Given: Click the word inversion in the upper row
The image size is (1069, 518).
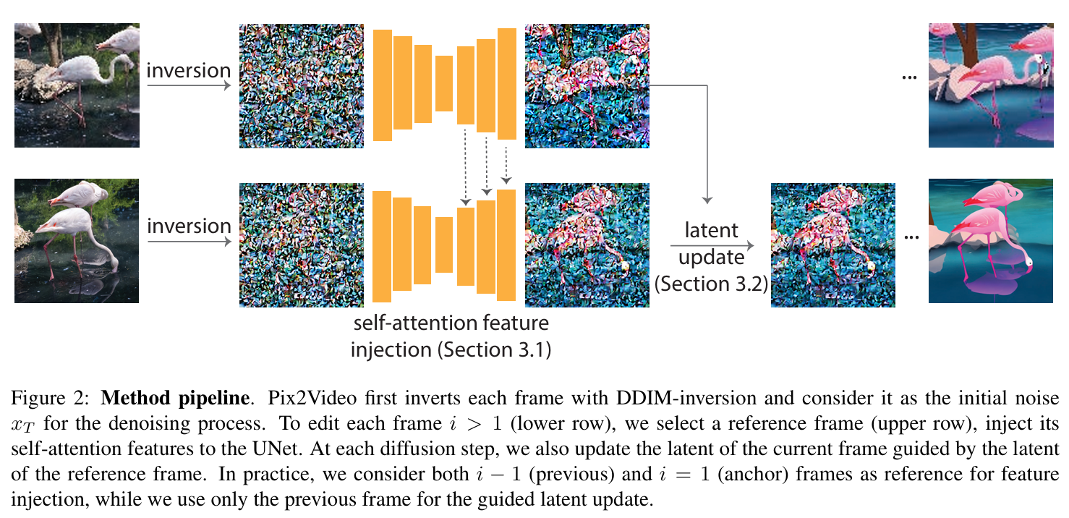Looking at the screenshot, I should (x=188, y=71).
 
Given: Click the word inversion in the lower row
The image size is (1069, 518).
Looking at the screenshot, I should (x=188, y=226).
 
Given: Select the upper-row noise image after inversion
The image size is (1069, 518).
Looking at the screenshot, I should (x=302, y=85).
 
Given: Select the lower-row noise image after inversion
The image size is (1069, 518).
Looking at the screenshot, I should (x=302, y=245).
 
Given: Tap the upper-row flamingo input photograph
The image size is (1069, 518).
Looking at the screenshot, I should (x=77, y=85).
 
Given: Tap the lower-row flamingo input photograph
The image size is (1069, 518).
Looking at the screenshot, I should (x=77, y=241).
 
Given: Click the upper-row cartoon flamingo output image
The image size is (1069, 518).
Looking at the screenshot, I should (x=991, y=85).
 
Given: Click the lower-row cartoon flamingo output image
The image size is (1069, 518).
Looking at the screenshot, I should (x=991, y=241).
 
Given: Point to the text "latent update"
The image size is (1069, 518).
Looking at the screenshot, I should (x=712, y=244).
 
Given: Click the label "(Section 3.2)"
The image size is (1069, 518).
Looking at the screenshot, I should (x=712, y=284).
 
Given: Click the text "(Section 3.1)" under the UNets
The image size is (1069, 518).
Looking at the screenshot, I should (x=492, y=350).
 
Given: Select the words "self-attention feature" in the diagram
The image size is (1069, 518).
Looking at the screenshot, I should (x=451, y=323).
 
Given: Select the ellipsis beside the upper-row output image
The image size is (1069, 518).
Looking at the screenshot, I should (x=910, y=78).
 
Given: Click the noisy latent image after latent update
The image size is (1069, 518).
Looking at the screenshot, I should (x=832, y=245).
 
